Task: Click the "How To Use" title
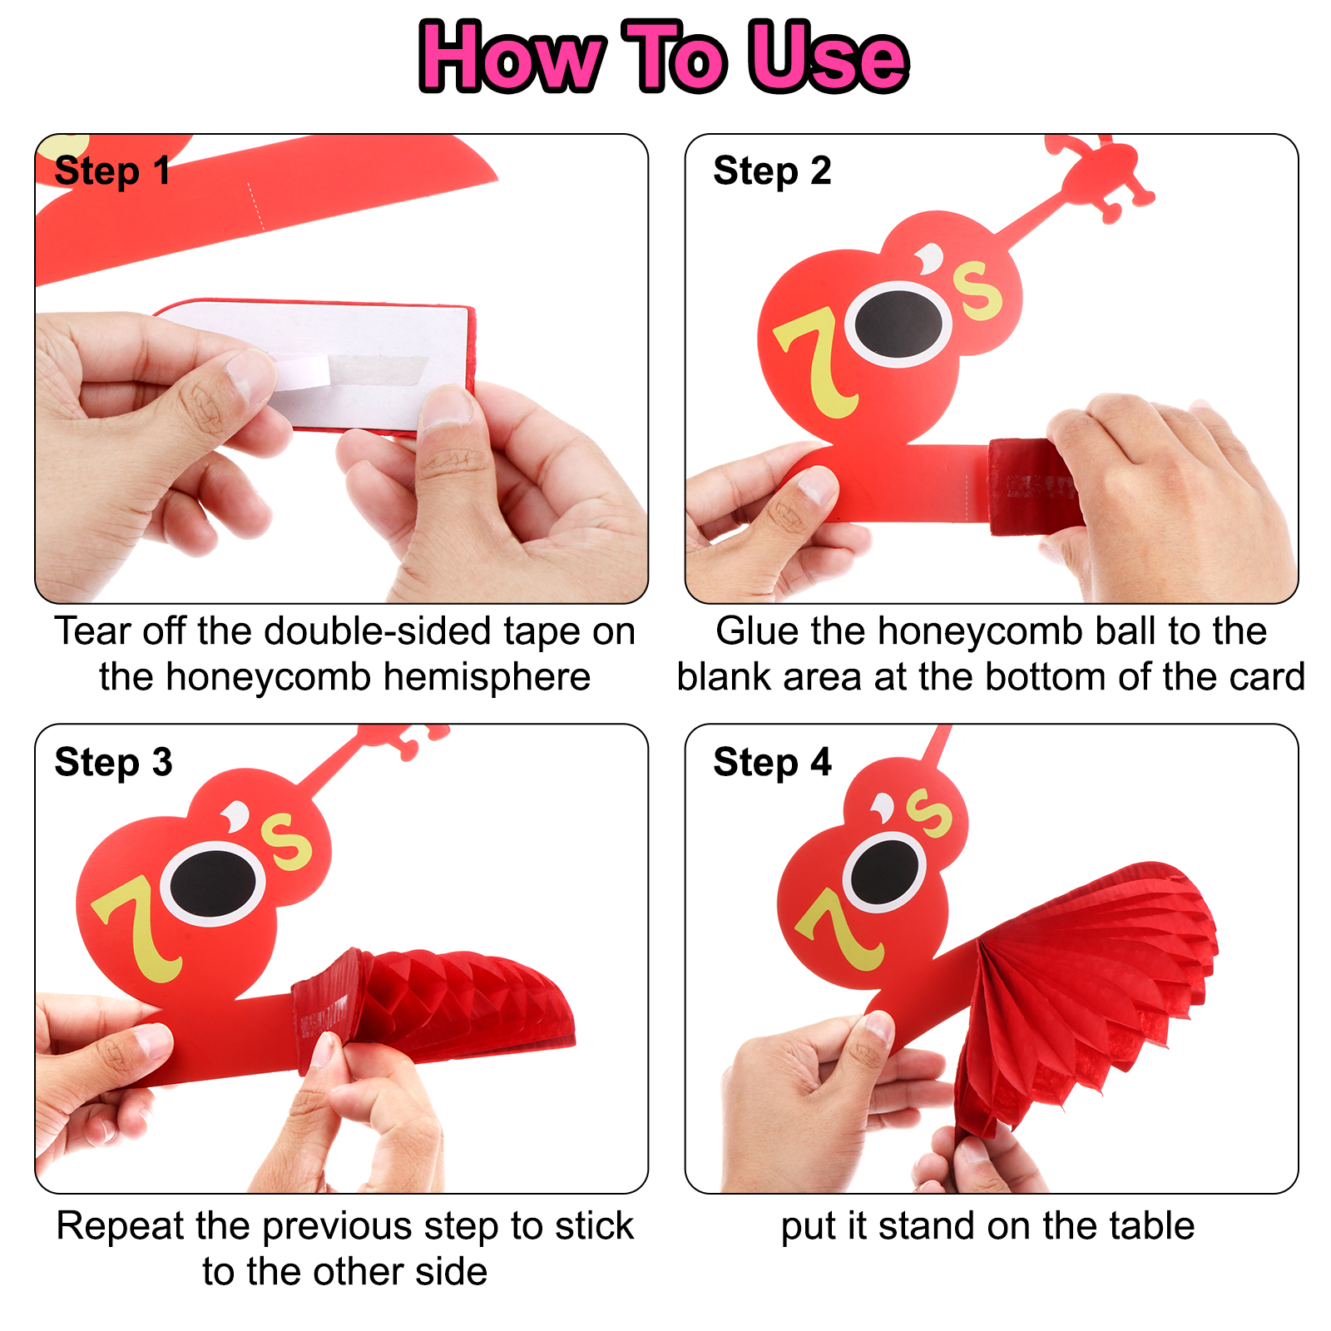[664, 57]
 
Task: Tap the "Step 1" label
[112, 171]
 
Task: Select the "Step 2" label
[772, 171]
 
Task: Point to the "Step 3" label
[113, 762]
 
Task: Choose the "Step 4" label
[772, 762]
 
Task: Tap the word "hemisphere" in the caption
[487, 676]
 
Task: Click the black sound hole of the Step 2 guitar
[898, 324]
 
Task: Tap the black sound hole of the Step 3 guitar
[213, 883]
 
